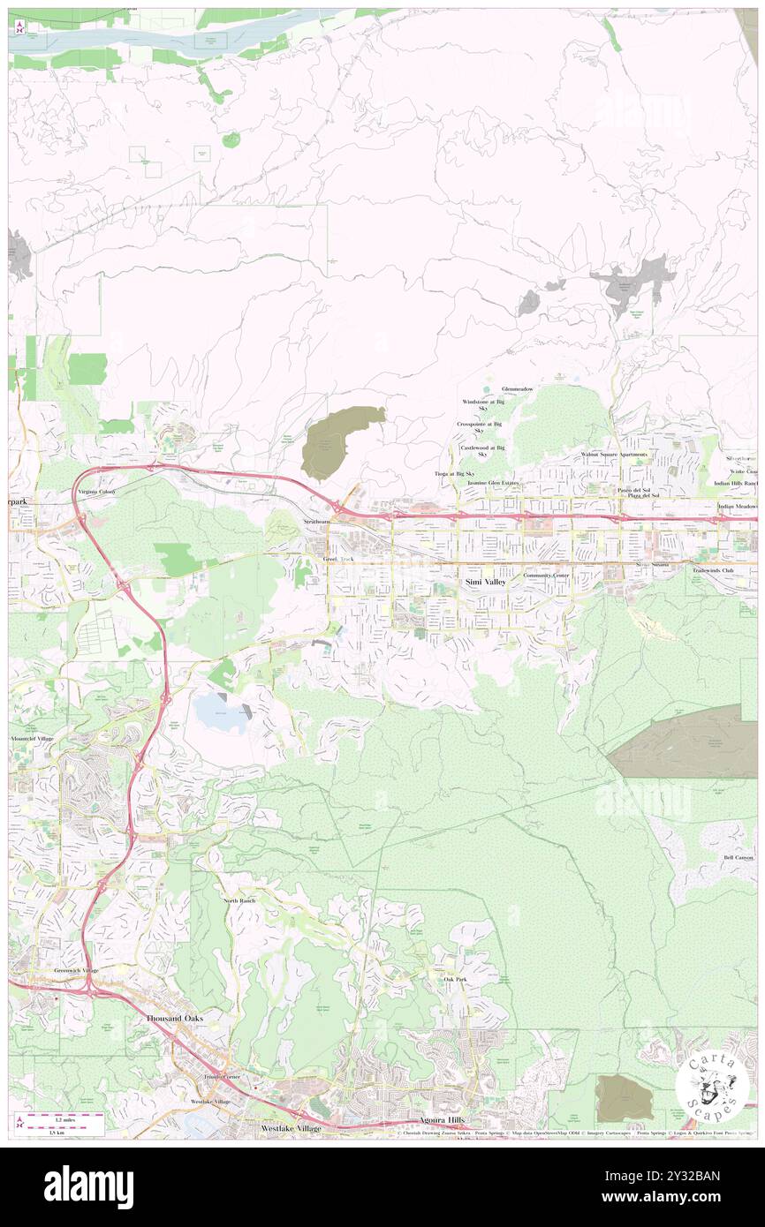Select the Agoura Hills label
tap(443, 1119)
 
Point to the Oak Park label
tap(455, 980)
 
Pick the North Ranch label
tap(239, 900)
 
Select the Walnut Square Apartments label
tap(613, 455)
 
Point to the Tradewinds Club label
tap(714, 569)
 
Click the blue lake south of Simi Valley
tap(221, 711)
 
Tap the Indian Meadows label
tap(738, 507)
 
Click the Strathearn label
tap(317, 522)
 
